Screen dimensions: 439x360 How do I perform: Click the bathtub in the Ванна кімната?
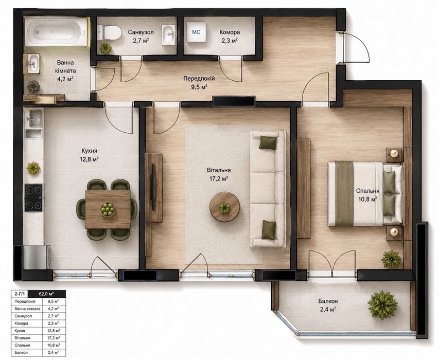pos(56,31)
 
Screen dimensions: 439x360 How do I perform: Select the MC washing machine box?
pos(196,32)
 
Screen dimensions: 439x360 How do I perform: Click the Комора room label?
pos(230,32)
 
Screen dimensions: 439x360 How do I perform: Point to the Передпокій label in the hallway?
pos(199,79)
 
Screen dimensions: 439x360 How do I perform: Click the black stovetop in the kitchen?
pos(33,198)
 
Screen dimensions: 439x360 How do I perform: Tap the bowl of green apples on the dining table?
pos(108,209)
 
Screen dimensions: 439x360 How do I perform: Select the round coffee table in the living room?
pos(224,207)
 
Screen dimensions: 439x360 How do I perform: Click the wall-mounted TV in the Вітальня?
pos(153,187)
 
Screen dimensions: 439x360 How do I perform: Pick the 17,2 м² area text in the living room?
pos(219,178)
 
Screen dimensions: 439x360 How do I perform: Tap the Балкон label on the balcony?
pos(328,301)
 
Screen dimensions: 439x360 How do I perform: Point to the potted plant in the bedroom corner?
pos(391,259)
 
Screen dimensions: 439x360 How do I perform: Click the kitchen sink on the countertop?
pos(33,118)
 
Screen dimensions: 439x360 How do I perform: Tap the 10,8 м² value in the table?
pos(53,345)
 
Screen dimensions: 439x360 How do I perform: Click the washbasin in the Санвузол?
pos(169,34)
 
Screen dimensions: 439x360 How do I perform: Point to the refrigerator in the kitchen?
pos(34,257)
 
